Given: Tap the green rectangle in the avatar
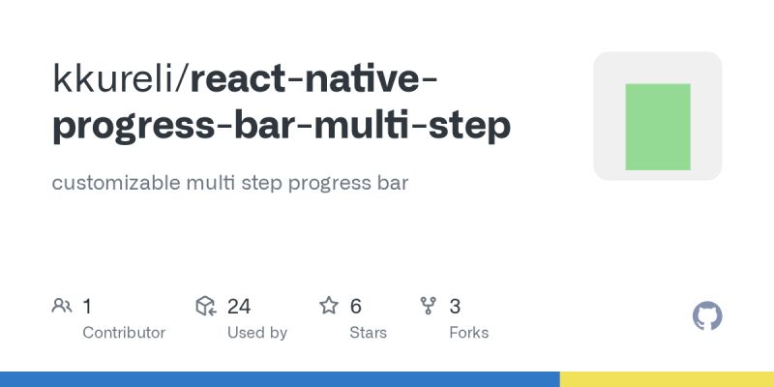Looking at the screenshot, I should (x=658, y=127).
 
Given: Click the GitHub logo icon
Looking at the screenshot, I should (x=708, y=316).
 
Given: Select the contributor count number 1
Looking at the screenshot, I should (x=87, y=307).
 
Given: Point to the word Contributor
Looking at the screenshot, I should (x=124, y=333).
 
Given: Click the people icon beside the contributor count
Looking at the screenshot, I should (x=62, y=307).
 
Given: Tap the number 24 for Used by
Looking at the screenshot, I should (x=239, y=307).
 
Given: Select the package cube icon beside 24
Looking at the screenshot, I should (x=205, y=307).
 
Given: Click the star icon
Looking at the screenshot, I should (x=329, y=307).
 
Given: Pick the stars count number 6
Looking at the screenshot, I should (x=355, y=307).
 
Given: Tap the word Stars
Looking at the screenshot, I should (x=368, y=333).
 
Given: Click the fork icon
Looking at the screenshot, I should (x=429, y=307).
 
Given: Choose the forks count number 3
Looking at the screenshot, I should (x=455, y=307).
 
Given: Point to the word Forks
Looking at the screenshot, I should (x=469, y=333).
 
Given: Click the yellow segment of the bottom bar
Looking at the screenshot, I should (x=667, y=379).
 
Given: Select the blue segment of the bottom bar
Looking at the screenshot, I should (x=280, y=379).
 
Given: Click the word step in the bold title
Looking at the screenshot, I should (x=470, y=127).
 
